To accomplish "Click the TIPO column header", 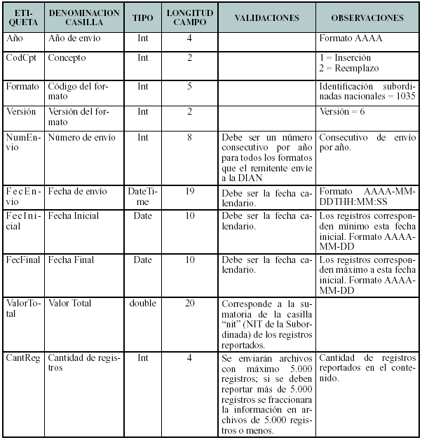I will [143, 17].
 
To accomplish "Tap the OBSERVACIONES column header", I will [367, 17].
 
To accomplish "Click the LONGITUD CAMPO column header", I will [189, 17].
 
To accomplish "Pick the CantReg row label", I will [22, 358].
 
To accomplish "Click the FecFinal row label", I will [22, 260].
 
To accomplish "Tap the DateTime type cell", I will [142, 196].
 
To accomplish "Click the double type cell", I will [142, 303].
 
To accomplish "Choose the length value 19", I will [189, 191].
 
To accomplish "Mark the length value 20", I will [189, 303].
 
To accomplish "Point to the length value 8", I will [189, 137].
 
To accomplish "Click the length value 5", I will [189, 86].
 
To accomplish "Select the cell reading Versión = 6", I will [343, 111].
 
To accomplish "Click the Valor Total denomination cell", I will [70, 303].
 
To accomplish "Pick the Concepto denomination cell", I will [67, 57].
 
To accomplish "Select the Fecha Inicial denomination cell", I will [73, 216].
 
